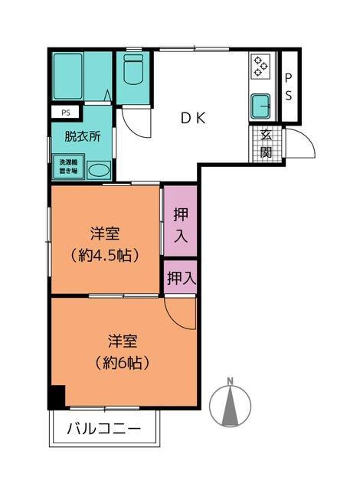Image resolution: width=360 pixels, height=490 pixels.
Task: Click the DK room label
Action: (194, 118)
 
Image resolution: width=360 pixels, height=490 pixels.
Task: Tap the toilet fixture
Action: (133, 70)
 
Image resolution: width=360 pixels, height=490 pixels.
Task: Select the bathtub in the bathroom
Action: (68, 77)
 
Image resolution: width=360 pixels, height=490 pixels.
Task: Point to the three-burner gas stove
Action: (260, 67)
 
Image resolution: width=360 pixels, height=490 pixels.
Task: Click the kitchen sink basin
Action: (261, 106)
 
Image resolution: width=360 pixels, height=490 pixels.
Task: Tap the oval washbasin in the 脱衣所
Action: (99, 170)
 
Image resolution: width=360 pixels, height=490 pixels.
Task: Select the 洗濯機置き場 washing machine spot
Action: (68, 167)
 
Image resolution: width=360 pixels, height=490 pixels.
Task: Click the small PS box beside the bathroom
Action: (66, 113)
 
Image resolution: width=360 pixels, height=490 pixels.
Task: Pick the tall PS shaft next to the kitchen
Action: (290, 87)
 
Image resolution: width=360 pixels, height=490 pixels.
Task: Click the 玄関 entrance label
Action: (266, 144)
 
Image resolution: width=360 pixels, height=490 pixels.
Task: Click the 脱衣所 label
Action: (83, 136)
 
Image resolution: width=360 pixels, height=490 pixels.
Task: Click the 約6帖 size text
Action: (123, 363)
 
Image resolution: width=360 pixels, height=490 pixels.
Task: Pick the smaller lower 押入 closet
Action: (181, 277)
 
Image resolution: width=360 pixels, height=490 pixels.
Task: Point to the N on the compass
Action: (231, 381)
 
